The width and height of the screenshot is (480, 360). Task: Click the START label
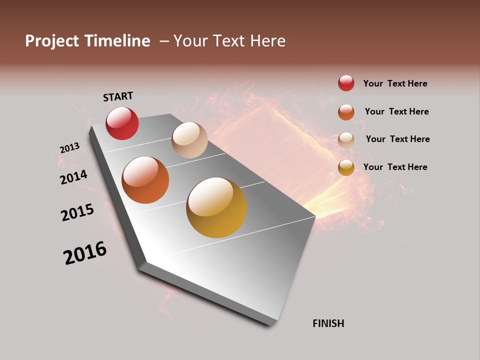(118, 96)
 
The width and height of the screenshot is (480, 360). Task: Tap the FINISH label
(328, 323)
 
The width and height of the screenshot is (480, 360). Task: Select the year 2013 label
(69, 148)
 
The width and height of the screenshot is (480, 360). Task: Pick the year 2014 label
(74, 177)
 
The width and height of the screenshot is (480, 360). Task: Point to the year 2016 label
(85, 253)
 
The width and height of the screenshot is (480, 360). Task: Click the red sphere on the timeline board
(122, 123)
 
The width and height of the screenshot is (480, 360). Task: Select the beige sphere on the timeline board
(189, 140)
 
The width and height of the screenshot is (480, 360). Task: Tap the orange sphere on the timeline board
(145, 180)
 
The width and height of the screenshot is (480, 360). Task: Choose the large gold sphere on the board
(216, 207)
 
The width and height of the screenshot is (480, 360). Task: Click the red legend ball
(346, 83)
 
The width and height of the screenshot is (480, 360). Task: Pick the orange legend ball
(346, 111)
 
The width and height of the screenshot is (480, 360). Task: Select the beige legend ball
(346, 139)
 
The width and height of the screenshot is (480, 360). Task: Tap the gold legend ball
(346, 167)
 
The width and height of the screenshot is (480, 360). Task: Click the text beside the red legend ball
(395, 83)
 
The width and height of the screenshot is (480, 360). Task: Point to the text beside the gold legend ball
(395, 167)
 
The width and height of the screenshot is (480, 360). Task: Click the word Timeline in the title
(117, 41)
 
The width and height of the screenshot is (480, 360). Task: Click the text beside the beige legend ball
(397, 139)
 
